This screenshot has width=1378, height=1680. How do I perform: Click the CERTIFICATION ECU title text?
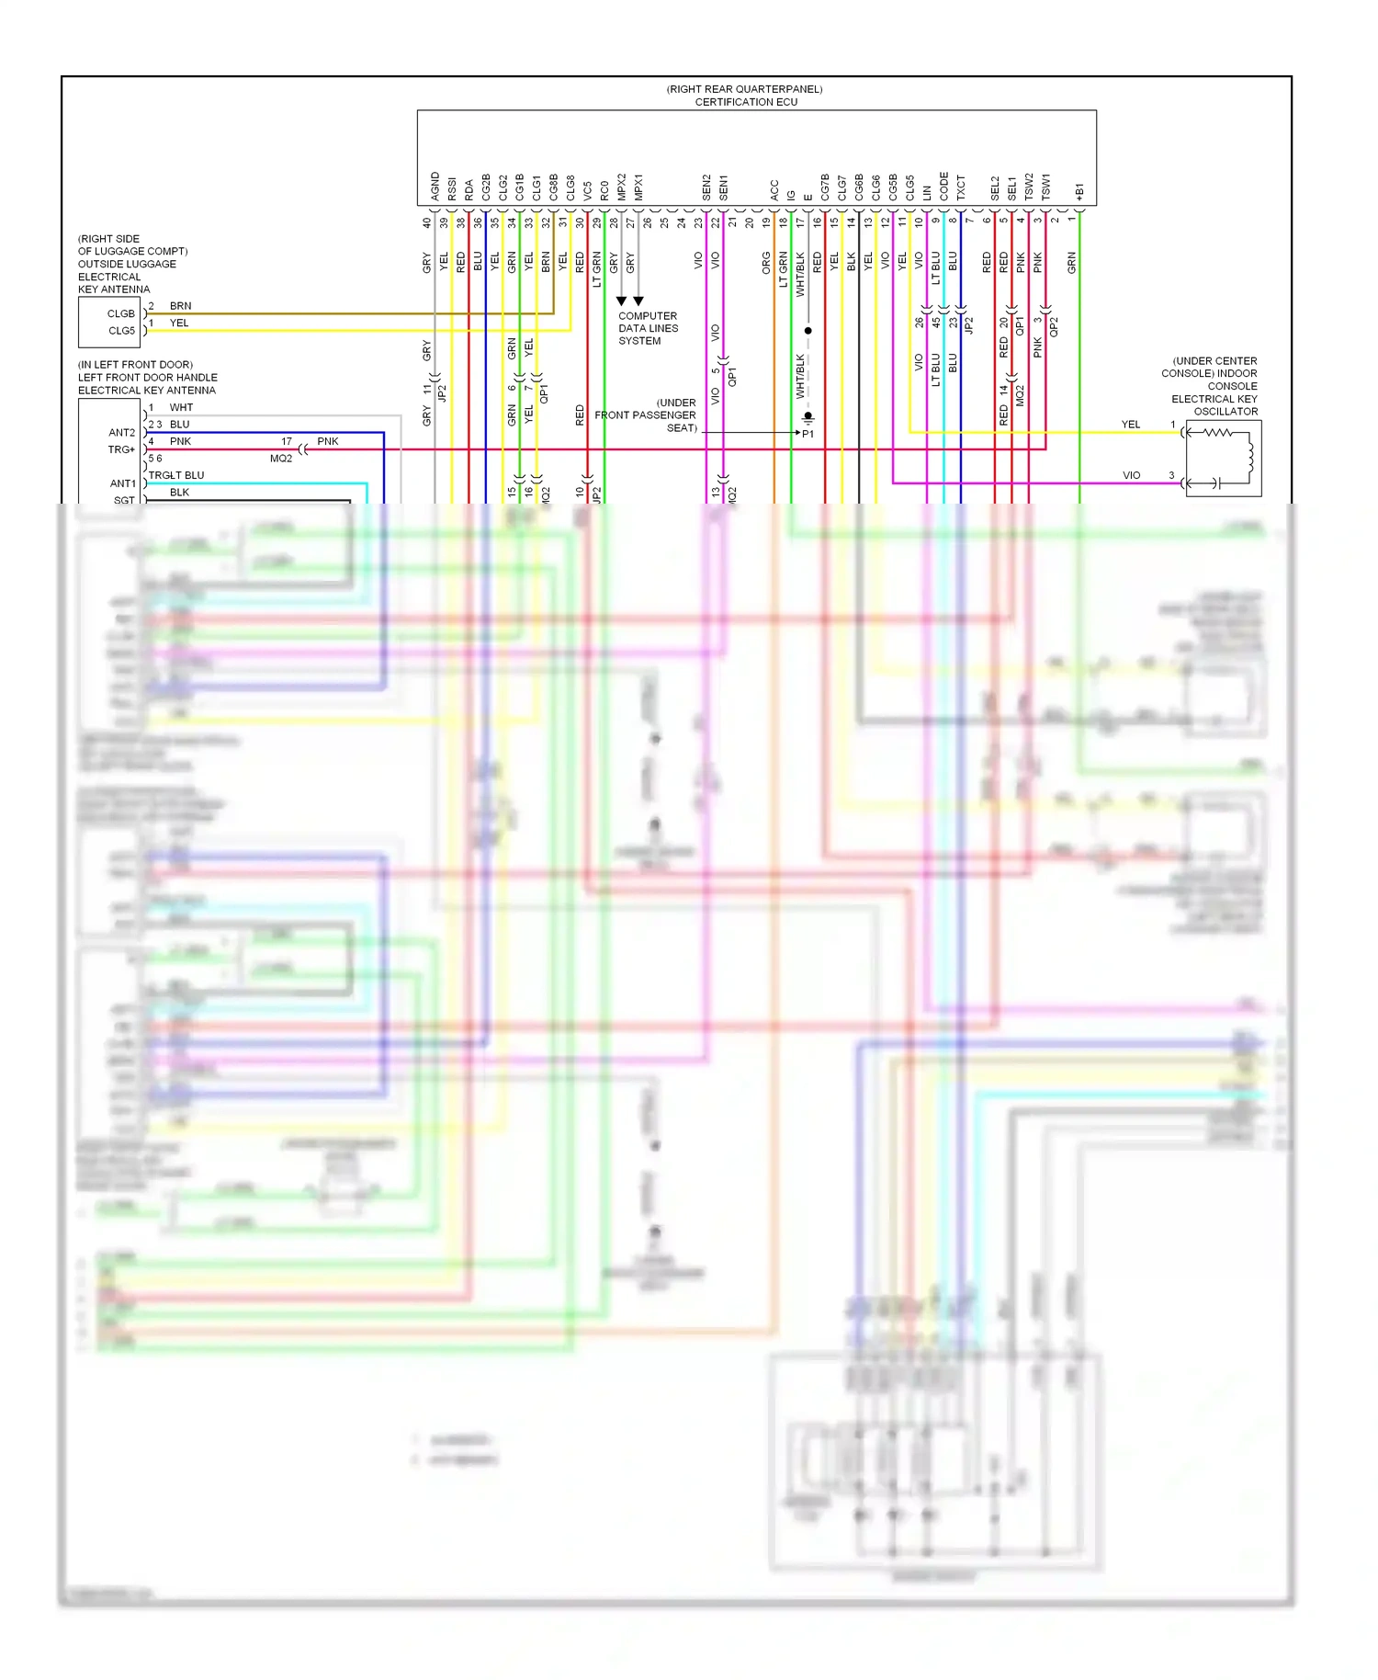(x=745, y=102)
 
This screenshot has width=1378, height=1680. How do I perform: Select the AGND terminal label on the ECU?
(x=435, y=186)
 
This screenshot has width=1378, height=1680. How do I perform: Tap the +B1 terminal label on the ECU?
(x=1079, y=191)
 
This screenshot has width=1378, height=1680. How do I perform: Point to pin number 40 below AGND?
(x=426, y=222)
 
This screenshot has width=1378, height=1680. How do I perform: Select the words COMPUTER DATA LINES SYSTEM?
(x=647, y=328)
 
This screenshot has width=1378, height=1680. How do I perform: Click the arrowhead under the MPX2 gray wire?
(x=622, y=301)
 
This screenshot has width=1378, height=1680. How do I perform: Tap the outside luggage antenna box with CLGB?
(x=109, y=323)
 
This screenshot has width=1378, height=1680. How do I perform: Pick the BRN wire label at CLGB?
(x=180, y=306)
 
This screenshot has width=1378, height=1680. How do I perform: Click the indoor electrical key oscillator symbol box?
(x=1223, y=458)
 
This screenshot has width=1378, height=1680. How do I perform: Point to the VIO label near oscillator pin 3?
(x=1131, y=475)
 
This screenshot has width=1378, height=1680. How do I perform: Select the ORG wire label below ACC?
(x=766, y=263)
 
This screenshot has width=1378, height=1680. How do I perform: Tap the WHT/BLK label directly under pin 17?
(x=800, y=274)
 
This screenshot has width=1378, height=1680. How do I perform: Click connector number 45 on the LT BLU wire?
(x=936, y=322)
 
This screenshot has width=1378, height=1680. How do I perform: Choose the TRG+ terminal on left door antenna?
(x=121, y=449)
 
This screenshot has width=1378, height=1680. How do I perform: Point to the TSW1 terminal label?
(x=1045, y=187)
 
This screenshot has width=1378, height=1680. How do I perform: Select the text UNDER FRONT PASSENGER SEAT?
(x=646, y=415)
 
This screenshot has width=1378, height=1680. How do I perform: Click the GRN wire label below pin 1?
(x=1071, y=263)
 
